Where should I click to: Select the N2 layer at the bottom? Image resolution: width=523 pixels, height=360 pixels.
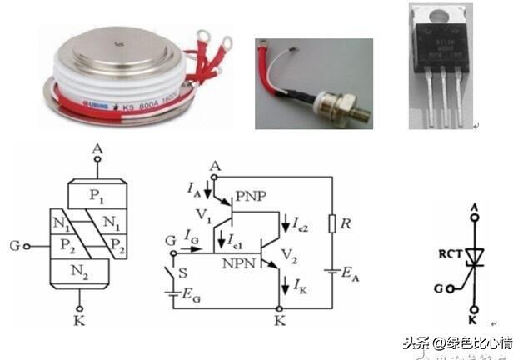click(80, 271)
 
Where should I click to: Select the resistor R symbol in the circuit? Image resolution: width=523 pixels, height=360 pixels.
click(332, 225)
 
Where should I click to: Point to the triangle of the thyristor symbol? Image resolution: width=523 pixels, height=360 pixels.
click(473, 253)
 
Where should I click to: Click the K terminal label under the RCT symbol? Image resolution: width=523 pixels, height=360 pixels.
click(472, 318)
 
